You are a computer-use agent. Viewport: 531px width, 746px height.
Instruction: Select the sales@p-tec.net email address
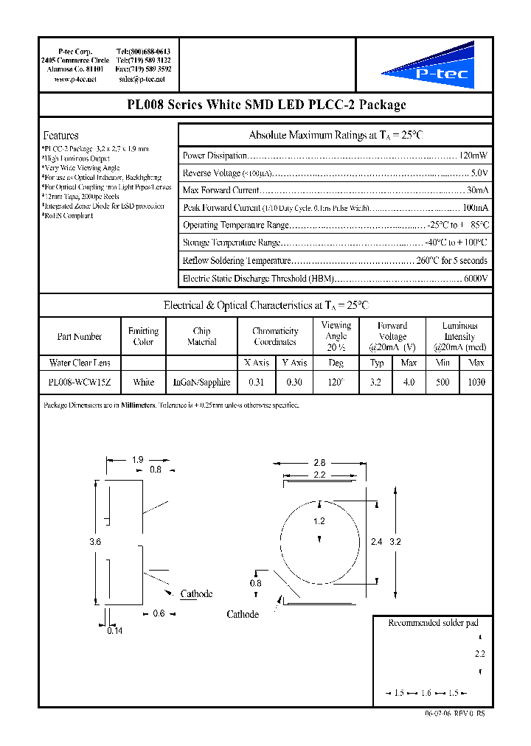pyautogui.click(x=142, y=79)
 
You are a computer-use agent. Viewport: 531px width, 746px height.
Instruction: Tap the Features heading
pyautogui.click(x=61, y=136)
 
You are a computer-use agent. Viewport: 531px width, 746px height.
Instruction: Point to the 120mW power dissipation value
pyautogui.click(x=473, y=156)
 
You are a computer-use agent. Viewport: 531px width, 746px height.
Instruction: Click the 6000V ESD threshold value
pyautogui.click(x=475, y=279)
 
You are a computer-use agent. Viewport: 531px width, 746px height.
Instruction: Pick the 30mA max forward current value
pyautogui.click(x=477, y=191)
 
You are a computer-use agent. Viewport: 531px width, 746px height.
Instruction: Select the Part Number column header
pyautogui.click(x=79, y=337)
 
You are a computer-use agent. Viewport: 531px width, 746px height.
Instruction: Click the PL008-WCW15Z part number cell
pyautogui.click(x=79, y=382)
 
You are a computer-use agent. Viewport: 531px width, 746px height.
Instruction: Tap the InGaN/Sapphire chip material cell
pyautogui.click(x=201, y=382)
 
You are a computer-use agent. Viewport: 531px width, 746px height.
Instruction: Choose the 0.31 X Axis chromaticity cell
pyautogui.click(x=256, y=382)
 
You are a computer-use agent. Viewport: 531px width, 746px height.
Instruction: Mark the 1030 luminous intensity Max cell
pyautogui.click(x=476, y=382)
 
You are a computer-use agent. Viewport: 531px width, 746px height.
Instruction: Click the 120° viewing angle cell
pyautogui.click(x=336, y=382)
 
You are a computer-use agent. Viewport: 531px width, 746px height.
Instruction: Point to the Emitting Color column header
pyautogui.click(x=143, y=337)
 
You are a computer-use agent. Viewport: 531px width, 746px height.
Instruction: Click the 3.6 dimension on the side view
pyautogui.click(x=94, y=542)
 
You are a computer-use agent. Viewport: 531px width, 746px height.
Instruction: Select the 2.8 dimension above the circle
pyautogui.click(x=319, y=462)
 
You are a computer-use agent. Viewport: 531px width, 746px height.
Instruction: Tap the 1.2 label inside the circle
pyautogui.click(x=319, y=521)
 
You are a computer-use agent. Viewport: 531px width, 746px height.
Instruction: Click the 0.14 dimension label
pyautogui.click(x=115, y=631)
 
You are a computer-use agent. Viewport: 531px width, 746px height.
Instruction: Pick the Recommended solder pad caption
pyautogui.click(x=433, y=623)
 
